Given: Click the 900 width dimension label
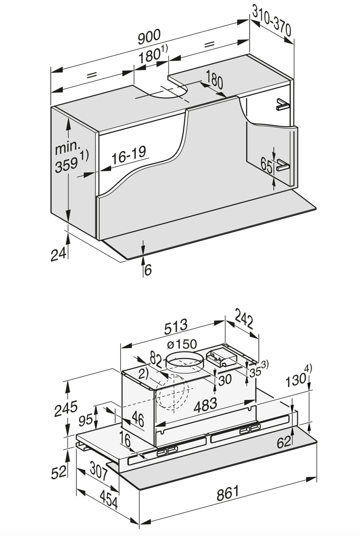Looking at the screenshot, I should [149, 36].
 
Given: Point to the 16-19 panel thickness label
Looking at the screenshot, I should [129, 155].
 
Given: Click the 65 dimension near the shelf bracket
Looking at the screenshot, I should [266, 164].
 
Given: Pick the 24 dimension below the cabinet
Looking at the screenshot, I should [58, 254].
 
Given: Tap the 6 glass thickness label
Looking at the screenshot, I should [148, 270].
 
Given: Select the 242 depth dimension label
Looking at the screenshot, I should [244, 318].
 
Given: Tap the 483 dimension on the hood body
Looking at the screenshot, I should [205, 405].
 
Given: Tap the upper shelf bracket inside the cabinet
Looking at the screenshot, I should [282, 104].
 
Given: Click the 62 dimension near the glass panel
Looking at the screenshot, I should [284, 442].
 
